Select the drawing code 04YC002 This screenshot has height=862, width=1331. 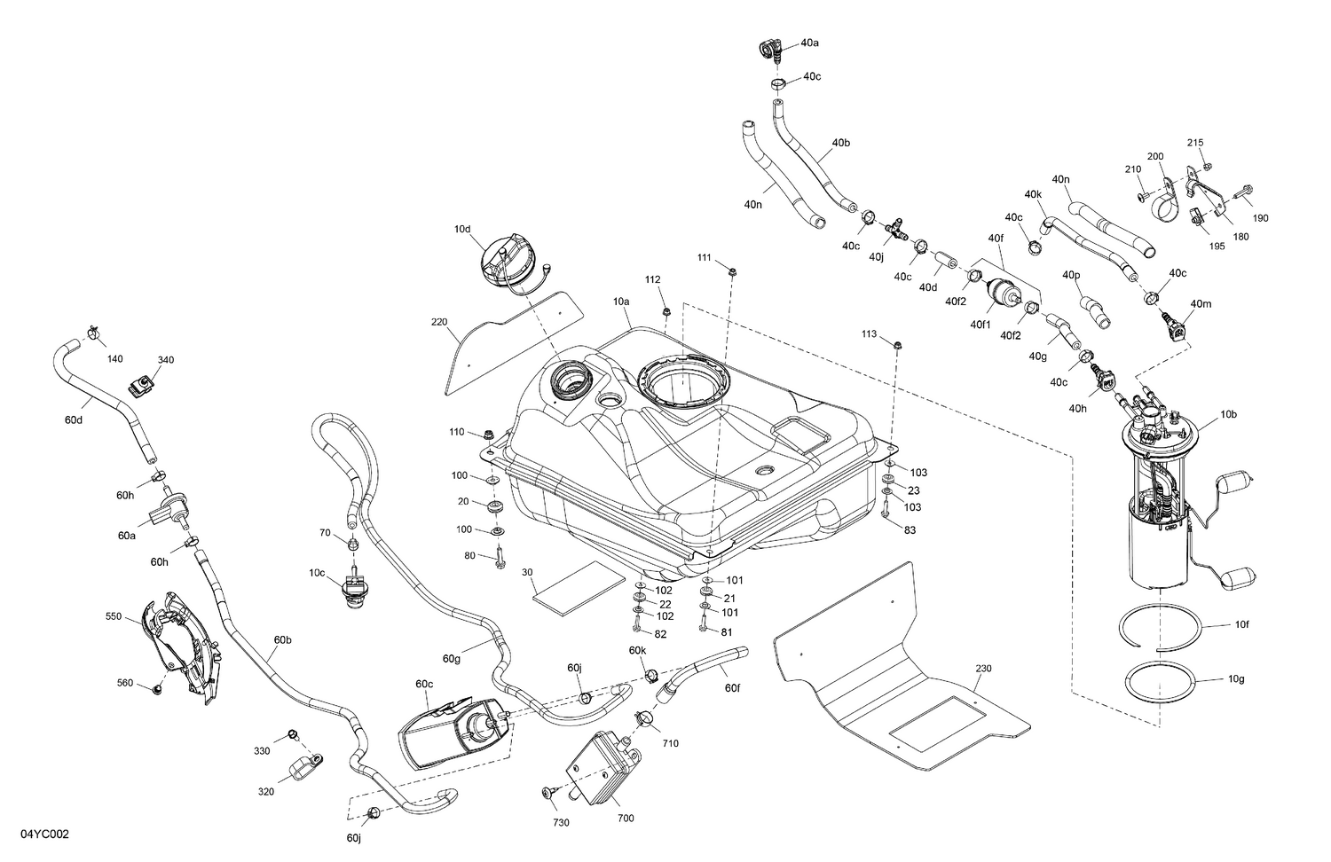coord(35,835)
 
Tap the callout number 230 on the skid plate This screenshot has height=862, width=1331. coord(983,669)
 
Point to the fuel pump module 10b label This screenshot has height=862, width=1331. coord(1228,414)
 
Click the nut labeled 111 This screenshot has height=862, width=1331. coord(732,270)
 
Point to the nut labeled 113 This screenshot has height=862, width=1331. coord(897,345)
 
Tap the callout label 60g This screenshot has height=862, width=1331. coord(452,658)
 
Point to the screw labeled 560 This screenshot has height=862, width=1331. coord(157,688)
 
